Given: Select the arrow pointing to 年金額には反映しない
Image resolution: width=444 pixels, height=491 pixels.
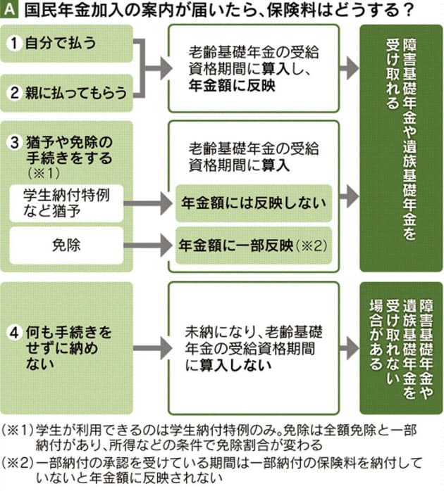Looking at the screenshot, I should tap(149, 203).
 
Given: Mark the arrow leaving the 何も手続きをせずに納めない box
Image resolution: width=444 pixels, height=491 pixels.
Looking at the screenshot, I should tap(149, 347).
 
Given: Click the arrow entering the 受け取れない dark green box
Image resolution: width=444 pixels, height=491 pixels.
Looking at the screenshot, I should tap(347, 347).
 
